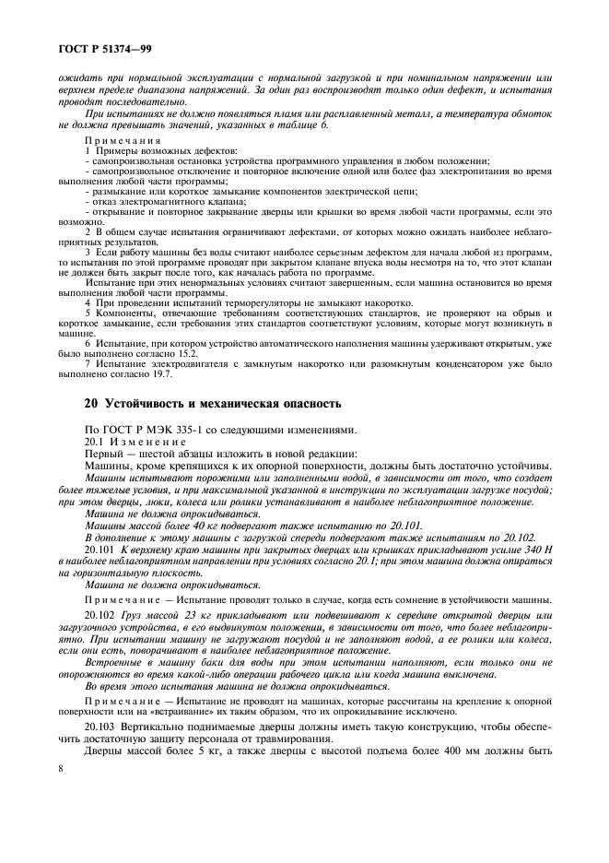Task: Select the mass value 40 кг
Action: point(171,524)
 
